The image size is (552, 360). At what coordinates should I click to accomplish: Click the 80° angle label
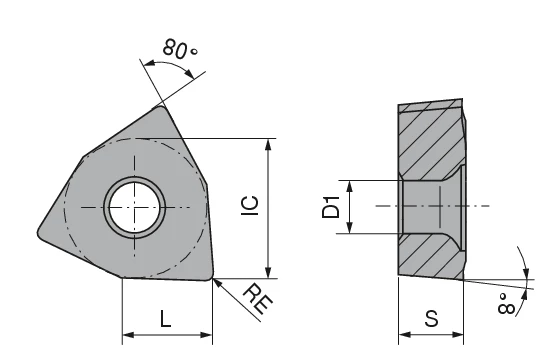pyautogui.click(x=180, y=49)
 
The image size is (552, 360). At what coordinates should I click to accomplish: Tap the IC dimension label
pyautogui.click(x=250, y=205)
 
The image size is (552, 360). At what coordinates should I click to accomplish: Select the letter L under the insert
pyautogui.click(x=165, y=319)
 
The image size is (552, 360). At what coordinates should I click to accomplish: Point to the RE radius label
pyautogui.click(x=258, y=299)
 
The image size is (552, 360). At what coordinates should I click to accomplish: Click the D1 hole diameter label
pyautogui.click(x=331, y=207)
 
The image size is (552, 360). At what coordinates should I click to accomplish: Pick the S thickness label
pyautogui.click(x=431, y=318)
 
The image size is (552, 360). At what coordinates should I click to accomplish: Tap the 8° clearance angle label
pyautogui.click(x=506, y=303)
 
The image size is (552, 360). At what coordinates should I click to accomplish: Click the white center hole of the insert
pyautogui.click(x=134, y=208)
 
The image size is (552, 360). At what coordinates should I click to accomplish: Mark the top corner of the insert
pyautogui.click(x=161, y=107)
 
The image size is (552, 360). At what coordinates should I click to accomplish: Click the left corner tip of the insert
pyautogui.click(x=38, y=232)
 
